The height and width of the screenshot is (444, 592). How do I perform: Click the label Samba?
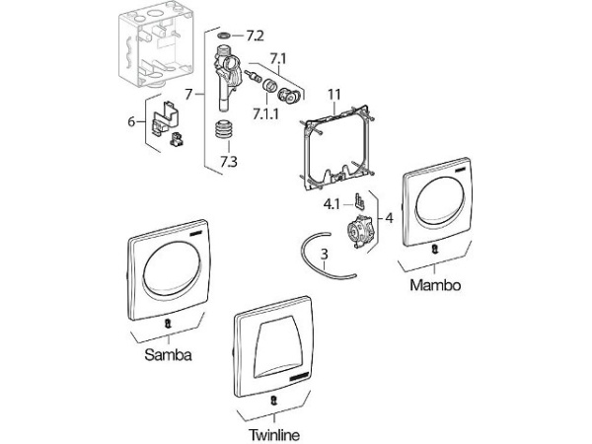tap(167, 354)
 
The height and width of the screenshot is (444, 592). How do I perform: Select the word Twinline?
tap(272, 433)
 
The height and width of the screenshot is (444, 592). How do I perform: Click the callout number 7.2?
tap(255, 36)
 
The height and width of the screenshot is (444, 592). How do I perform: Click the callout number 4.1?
tap(333, 206)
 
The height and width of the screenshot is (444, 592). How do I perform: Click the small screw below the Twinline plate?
tap(273, 401)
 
